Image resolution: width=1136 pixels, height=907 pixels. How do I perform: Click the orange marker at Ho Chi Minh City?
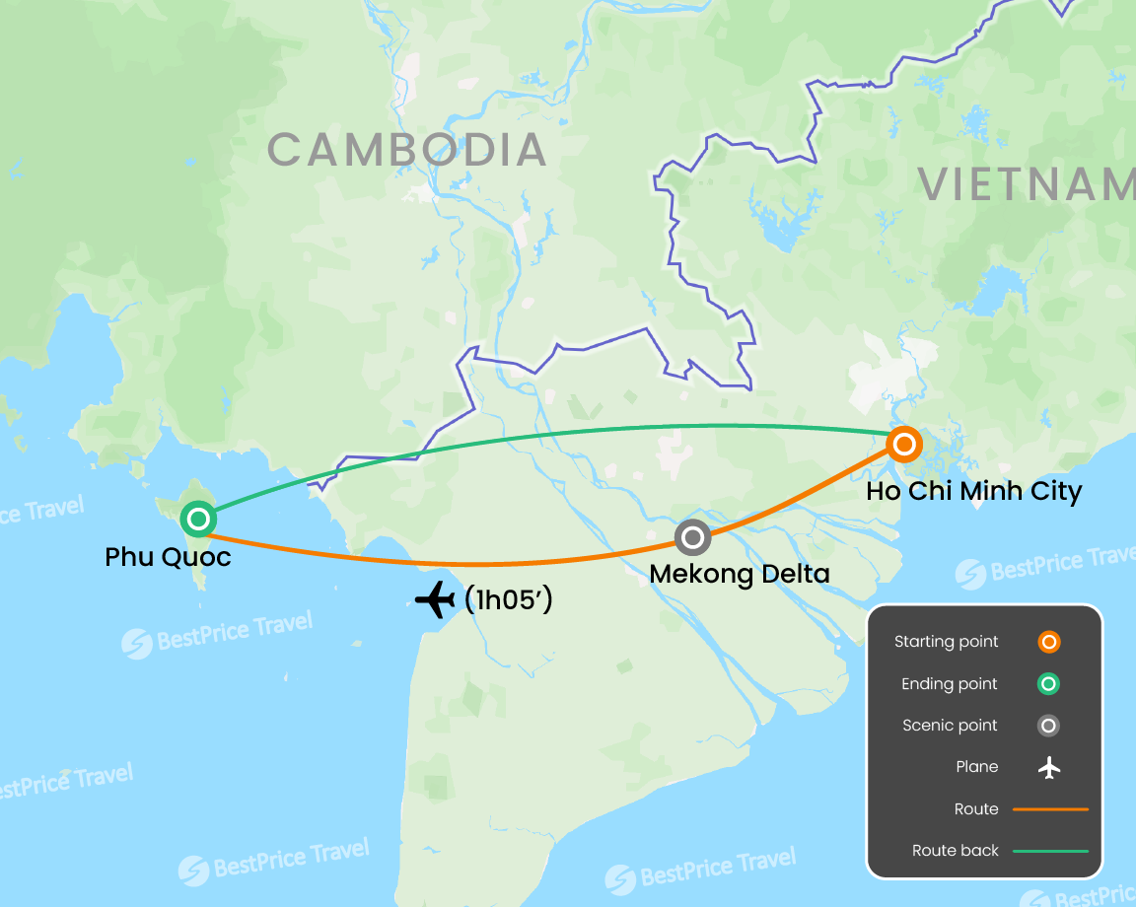tap(903, 444)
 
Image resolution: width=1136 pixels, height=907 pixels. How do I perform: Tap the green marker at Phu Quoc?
tap(198, 518)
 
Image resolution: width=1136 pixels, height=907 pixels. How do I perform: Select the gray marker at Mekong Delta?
tap(693, 537)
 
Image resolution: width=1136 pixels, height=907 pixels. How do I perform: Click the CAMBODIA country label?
tap(406, 150)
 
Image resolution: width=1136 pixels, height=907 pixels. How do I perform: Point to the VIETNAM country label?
tap(1026, 184)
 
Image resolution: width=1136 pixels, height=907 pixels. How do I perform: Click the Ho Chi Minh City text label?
tap(973, 491)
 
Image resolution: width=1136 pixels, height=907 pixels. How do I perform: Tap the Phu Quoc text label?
tap(168, 557)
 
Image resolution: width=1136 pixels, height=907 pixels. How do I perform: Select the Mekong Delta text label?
tap(740, 573)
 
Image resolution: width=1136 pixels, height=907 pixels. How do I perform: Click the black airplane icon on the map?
tap(435, 599)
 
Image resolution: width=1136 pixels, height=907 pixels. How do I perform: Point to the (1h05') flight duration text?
tap(507, 599)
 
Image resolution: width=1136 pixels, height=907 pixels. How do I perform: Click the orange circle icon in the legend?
tap(1049, 642)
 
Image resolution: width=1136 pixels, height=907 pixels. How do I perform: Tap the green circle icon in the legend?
tap(1049, 683)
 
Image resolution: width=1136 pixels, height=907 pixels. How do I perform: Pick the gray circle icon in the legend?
tap(1049, 726)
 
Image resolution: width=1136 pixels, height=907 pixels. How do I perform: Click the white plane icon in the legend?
tap(1049, 767)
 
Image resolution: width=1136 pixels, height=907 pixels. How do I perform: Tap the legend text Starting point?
tap(946, 642)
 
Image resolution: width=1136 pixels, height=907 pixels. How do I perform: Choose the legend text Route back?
tap(955, 851)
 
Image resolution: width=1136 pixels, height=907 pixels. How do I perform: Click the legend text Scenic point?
tap(950, 726)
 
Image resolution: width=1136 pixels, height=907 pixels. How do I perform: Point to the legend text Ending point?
tap(949, 683)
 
